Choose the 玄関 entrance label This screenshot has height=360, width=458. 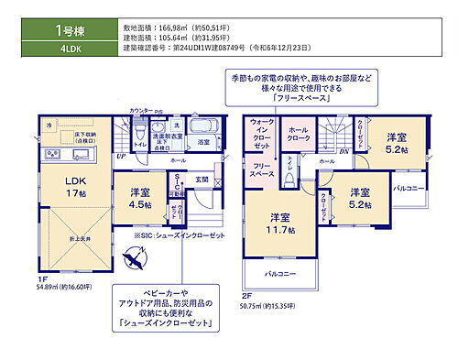coord(202,180)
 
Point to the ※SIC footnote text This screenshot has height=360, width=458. coord(180,235)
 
